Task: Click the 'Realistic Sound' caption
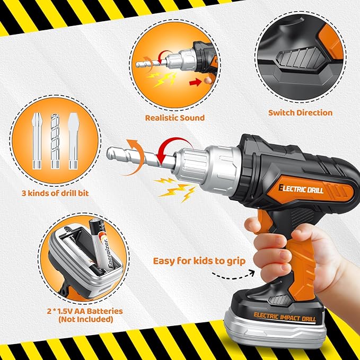[175, 118]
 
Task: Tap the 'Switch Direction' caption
[300, 113]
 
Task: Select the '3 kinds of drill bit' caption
[55, 193]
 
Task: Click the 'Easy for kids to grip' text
[199, 261]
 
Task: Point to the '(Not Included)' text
[86, 319]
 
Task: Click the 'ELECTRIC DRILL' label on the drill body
[301, 189]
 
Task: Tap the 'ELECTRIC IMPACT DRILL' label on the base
[285, 317]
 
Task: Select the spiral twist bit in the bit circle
[55, 141]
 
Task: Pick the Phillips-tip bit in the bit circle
[37, 141]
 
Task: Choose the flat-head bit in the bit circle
[74, 141]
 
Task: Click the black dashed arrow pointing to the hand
[233, 276]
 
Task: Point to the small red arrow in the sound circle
[196, 82]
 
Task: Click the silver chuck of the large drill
[207, 165]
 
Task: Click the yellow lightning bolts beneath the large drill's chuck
[175, 189]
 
